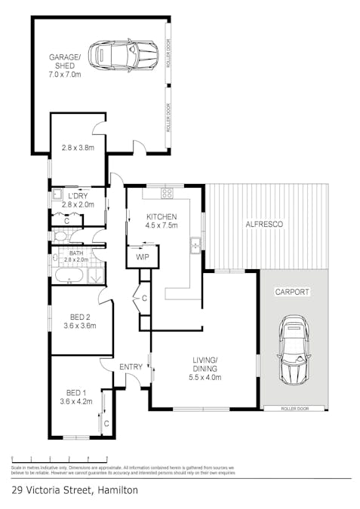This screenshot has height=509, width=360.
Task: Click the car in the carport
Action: [294, 351]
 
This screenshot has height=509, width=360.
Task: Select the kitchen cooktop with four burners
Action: [166, 193]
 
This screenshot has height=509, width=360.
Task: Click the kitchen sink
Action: [195, 244]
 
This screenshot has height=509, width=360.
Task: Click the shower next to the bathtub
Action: [96, 275]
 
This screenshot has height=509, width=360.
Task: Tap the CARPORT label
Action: [292, 291]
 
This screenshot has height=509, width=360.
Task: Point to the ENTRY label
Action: [131, 366]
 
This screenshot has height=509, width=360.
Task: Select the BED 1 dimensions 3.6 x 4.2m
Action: [76, 401]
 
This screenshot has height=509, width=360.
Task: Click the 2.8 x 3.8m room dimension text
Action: [77, 148]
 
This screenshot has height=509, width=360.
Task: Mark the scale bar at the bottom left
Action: [60, 458]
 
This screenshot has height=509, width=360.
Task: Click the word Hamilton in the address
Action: [116, 489]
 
